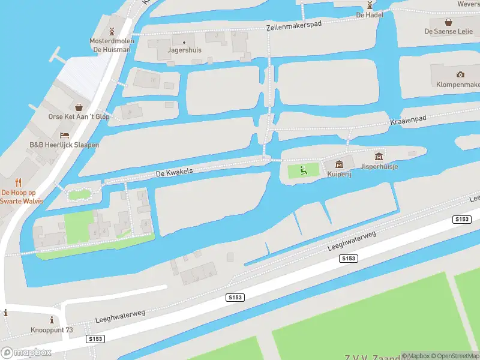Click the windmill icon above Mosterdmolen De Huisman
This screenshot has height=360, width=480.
pyautogui.click(x=110, y=31)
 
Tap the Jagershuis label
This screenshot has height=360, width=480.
pyautogui.click(x=184, y=50)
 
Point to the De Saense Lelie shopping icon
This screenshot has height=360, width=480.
pyautogui.click(x=448, y=20)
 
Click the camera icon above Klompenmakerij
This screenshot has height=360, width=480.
pyautogui.click(x=460, y=74)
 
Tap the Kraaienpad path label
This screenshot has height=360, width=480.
pyautogui.click(x=408, y=121)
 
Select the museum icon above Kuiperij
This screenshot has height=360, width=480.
pyautogui.click(x=339, y=164)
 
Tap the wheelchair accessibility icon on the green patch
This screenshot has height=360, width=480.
pyautogui.click(x=304, y=171)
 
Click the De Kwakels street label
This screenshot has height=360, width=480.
pyautogui.click(x=174, y=172)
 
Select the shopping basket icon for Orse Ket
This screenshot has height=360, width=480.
pyautogui.click(x=79, y=106)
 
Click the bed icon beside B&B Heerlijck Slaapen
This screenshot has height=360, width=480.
pyautogui.click(x=64, y=135)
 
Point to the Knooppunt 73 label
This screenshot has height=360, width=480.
pyautogui.click(x=52, y=330)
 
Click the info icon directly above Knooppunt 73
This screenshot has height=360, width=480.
pyautogui.click(x=52, y=320)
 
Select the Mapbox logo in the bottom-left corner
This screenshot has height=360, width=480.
pyautogui.click(x=26, y=353)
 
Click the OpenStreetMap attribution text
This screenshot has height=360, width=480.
pyautogui.click(x=455, y=356)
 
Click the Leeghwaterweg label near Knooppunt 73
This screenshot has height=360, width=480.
pyautogui.click(x=120, y=317)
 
